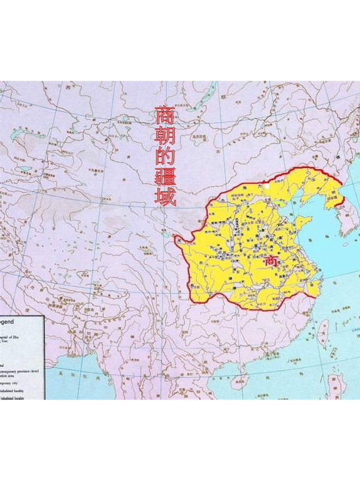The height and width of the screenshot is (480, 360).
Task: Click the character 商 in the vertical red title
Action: [164, 115]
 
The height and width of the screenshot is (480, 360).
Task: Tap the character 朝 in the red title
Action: [164, 137]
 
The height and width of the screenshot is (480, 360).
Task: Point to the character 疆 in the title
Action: [165, 178]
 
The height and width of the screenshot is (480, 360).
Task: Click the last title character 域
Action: [166, 197]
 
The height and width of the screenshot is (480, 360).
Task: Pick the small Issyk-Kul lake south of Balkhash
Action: [24, 169]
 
